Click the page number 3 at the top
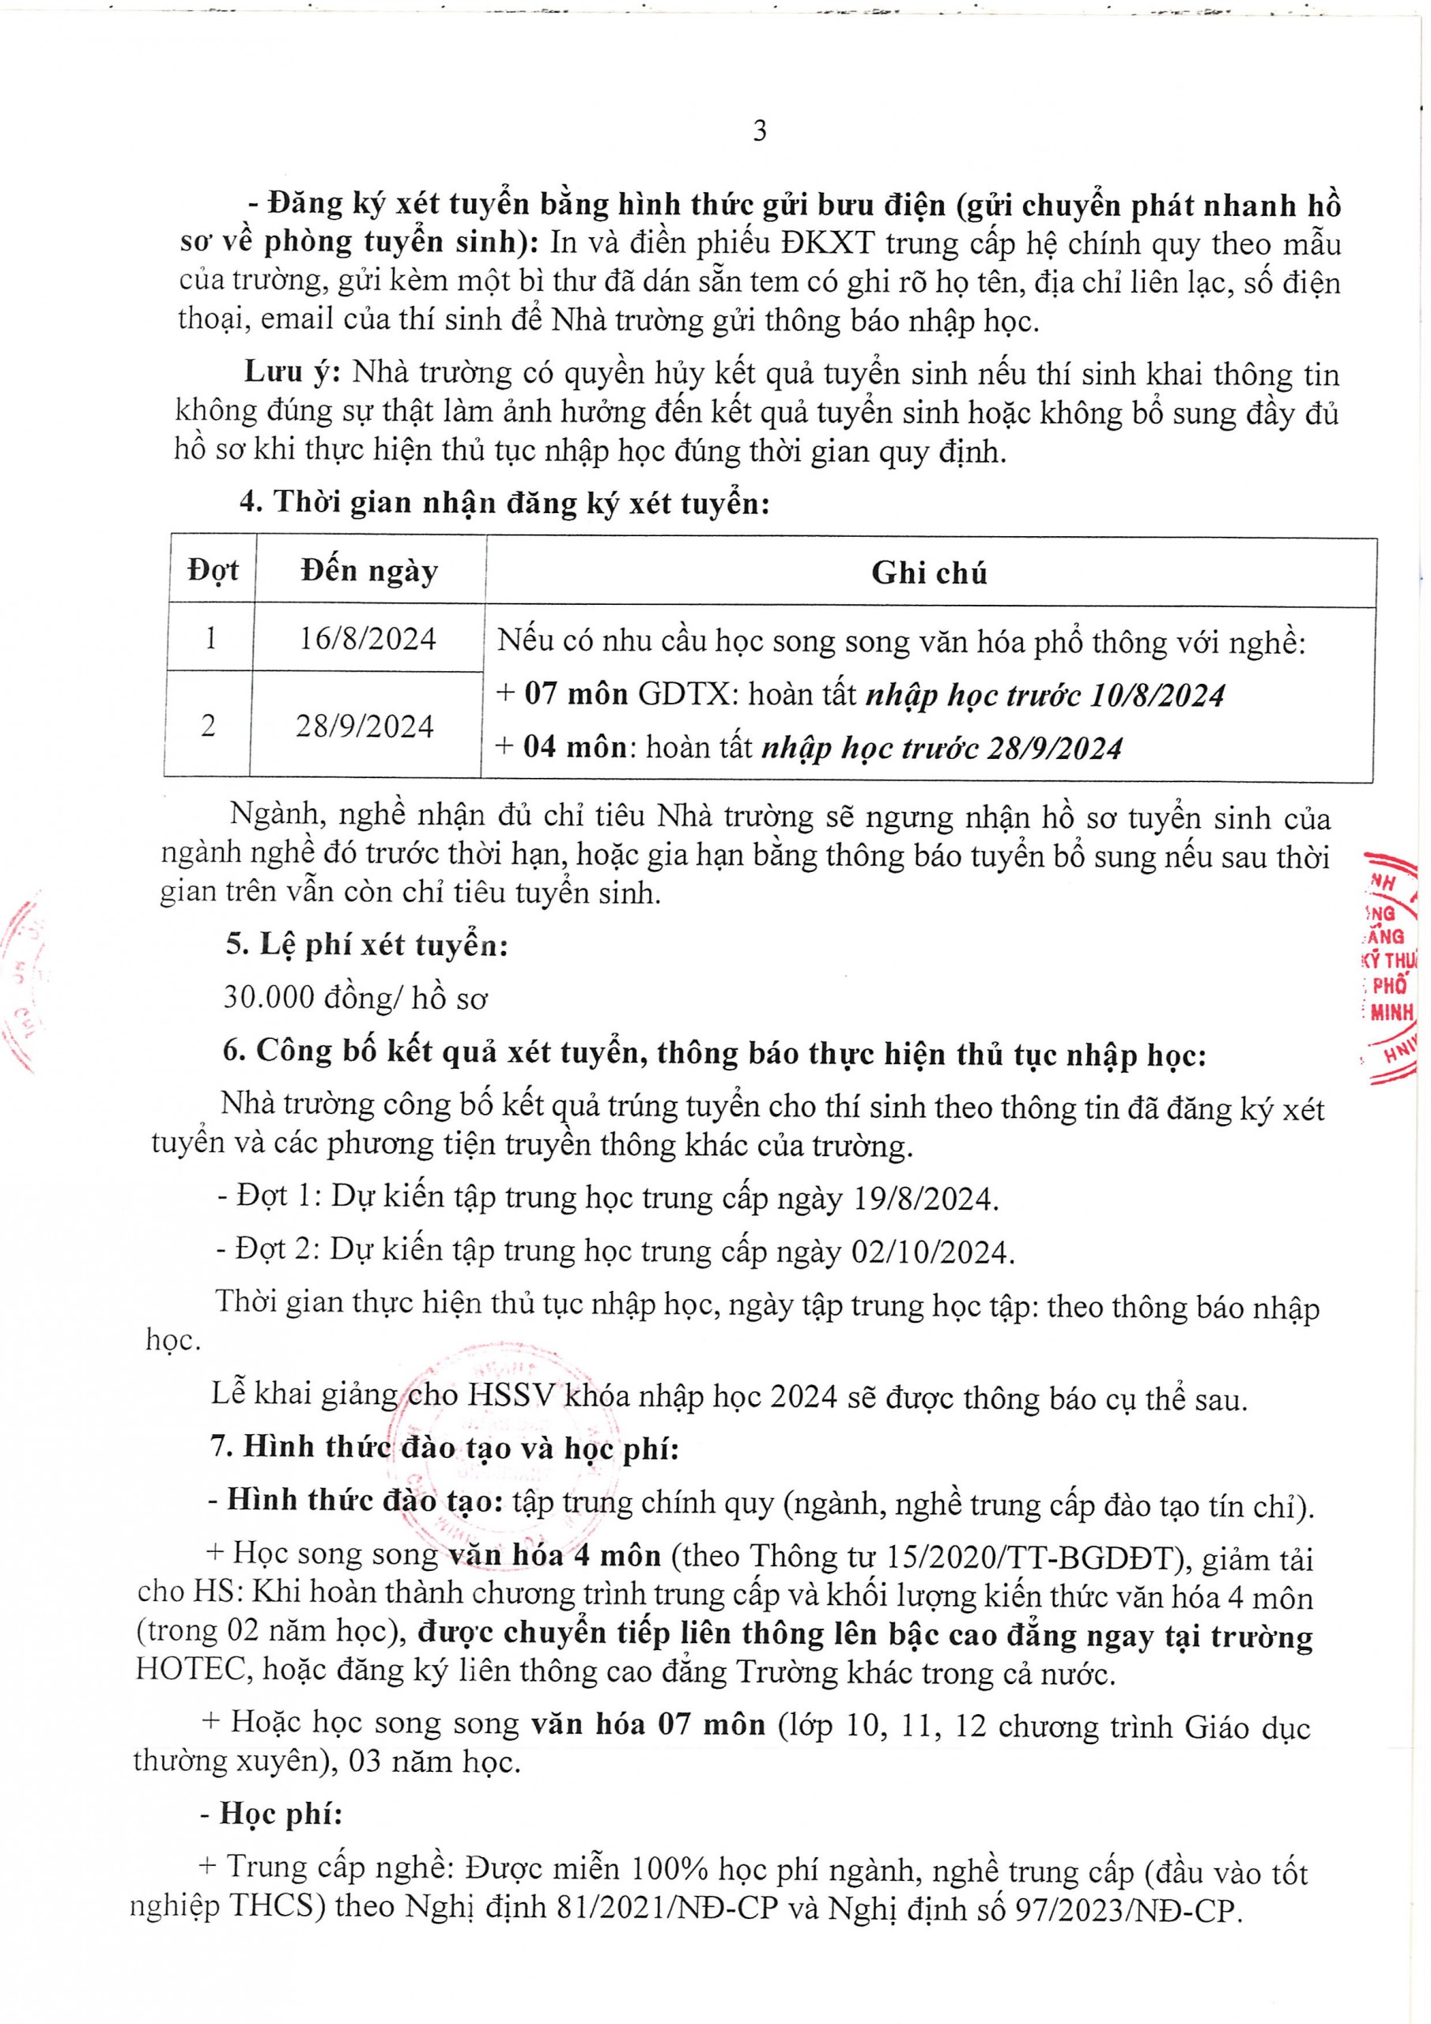click(759, 131)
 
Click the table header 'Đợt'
click(213, 570)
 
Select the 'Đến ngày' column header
click(368, 572)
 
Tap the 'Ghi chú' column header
click(928, 574)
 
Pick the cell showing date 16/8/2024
click(367, 638)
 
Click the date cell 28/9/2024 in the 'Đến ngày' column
click(364, 727)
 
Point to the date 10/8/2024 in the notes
click(1157, 696)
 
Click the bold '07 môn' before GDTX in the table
click(575, 693)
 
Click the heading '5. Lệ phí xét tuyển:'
click(367, 945)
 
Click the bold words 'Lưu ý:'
click(293, 372)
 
